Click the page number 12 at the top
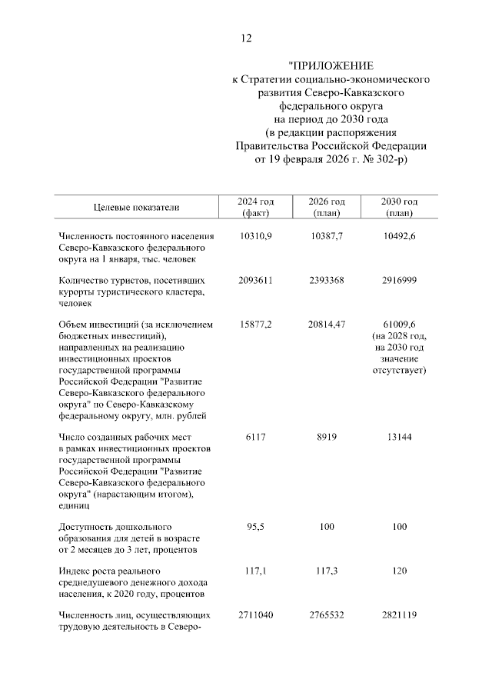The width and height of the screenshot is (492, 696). pos(246,38)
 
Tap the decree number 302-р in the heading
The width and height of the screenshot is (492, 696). pos(389,161)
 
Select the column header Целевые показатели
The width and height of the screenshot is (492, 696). pos(136,207)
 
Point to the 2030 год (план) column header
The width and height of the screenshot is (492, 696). pos(398,207)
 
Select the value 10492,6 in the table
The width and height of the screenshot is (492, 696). pos(398,236)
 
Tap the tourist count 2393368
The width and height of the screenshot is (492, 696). pos(328,281)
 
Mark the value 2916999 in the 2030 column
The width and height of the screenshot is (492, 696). pos(398,281)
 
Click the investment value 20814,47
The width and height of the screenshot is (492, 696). pos(328,325)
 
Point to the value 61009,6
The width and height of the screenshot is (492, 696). pos(398,325)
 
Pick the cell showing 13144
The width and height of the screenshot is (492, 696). pos(398,438)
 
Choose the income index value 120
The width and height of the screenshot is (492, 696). pos(398,571)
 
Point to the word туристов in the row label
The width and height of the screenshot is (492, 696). pos(136,281)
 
